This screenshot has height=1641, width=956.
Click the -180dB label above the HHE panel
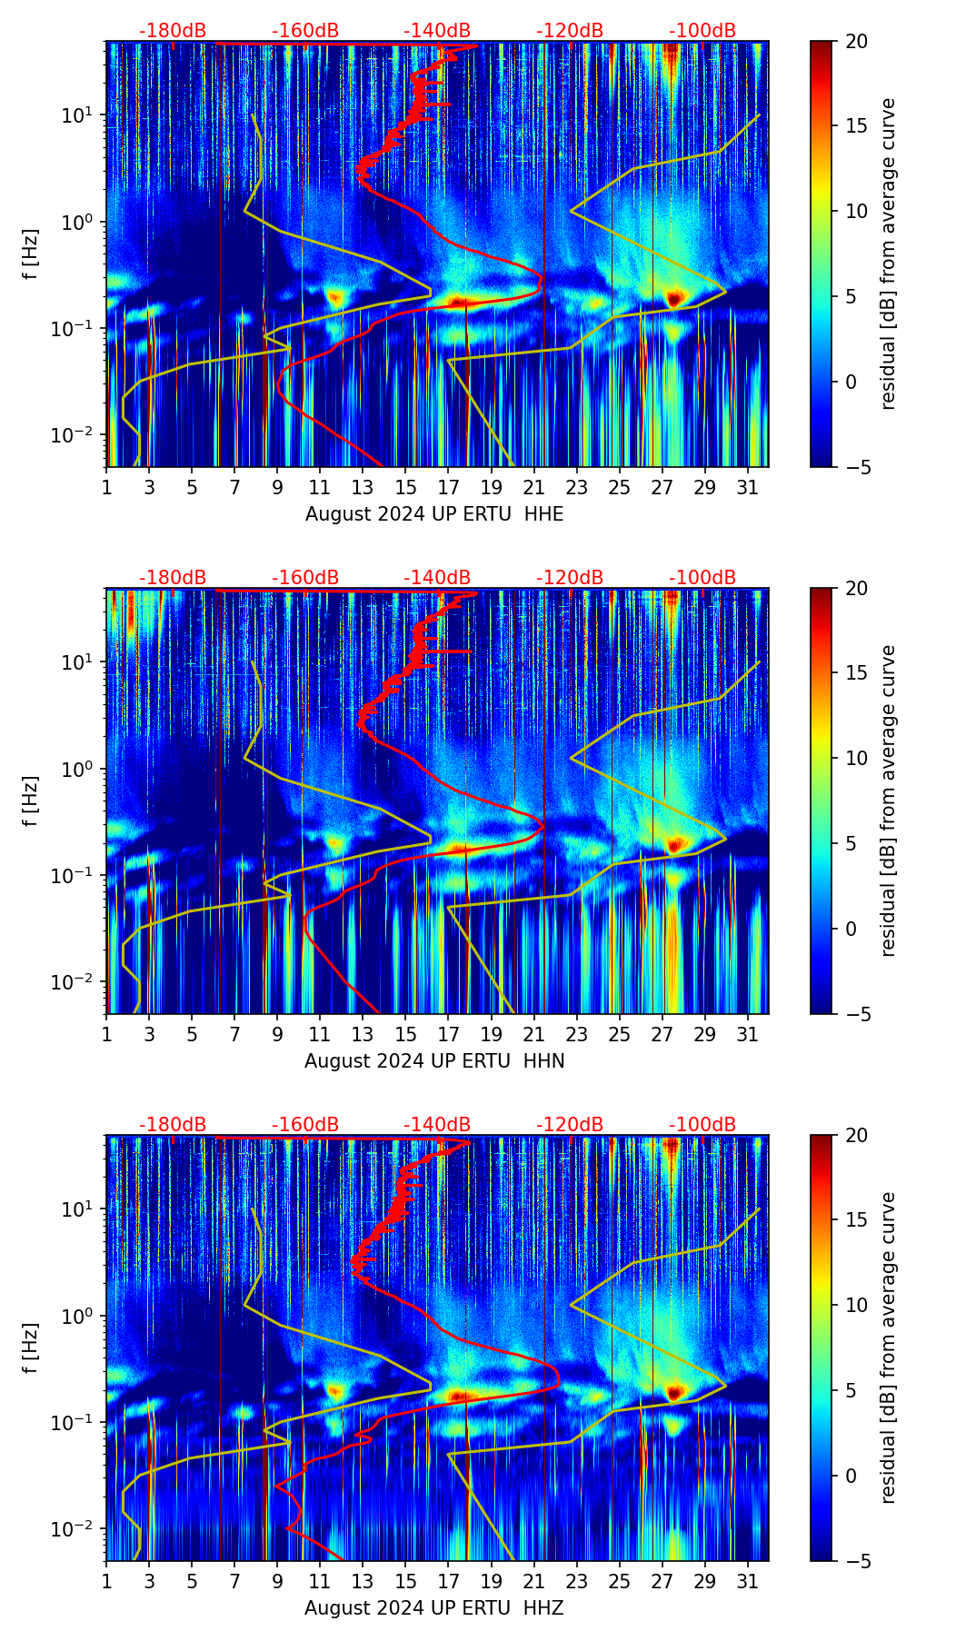pyautogui.click(x=173, y=30)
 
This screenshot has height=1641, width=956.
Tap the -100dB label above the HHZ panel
pyautogui.click(x=702, y=1124)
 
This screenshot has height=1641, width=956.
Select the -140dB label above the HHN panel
pyautogui.click(x=437, y=577)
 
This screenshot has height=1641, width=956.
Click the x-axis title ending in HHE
pyautogui.click(x=434, y=514)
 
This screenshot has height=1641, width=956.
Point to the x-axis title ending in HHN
pyautogui.click(x=434, y=1061)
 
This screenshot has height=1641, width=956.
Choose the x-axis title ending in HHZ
pyautogui.click(x=434, y=1608)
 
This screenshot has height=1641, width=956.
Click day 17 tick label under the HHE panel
pyautogui.click(x=448, y=488)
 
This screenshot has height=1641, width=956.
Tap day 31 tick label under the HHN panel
pyautogui.click(x=747, y=1035)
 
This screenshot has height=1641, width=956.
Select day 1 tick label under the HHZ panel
pyautogui.click(x=107, y=1582)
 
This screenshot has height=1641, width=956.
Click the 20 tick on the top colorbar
pyautogui.click(x=856, y=41)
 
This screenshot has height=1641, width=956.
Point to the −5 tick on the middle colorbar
pyautogui.click(x=856, y=1014)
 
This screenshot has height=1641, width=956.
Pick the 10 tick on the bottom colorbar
pyautogui.click(x=856, y=1306)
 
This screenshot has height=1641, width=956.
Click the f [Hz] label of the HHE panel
pyautogui.click(x=31, y=254)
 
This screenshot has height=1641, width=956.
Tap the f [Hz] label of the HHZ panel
pyautogui.click(x=31, y=1348)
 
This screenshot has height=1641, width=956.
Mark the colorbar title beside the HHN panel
pyautogui.click(x=889, y=801)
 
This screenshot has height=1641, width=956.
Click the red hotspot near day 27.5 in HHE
pyautogui.click(x=673, y=297)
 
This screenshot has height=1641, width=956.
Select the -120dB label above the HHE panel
pyautogui.click(x=570, y=30)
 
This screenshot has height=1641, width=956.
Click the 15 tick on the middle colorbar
pyautogui.click(x=856, y=673)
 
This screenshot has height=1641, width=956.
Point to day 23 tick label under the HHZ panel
pyautogui.click(x=576, y=1582)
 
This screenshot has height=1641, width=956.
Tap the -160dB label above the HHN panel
pyautogui.click(x=305, y=577)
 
